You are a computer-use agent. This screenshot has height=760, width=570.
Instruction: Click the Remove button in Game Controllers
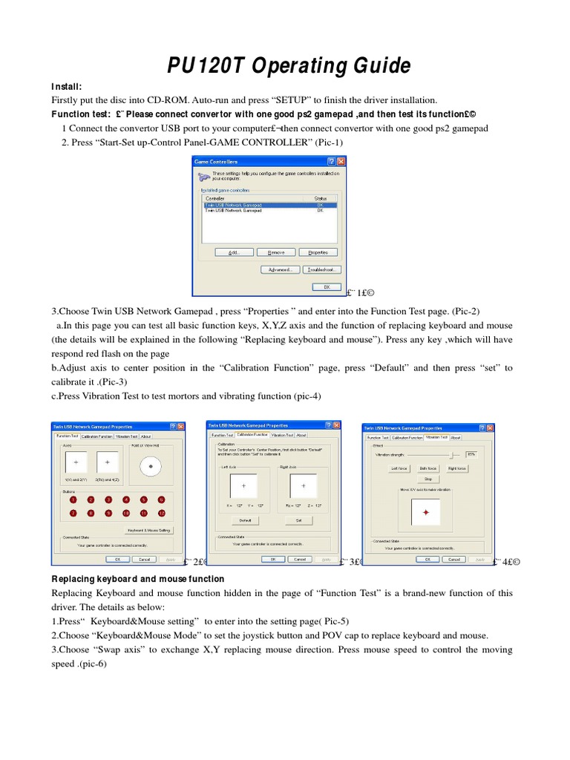(x=276, y=252)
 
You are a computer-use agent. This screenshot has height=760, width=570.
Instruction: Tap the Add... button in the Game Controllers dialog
(x=234, y=252)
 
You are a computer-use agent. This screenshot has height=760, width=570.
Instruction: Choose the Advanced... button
(x=280, y=269)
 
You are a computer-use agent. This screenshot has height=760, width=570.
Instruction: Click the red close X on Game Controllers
(x=341, y=161)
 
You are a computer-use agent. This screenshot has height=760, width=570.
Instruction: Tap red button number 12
(x=161, y=513)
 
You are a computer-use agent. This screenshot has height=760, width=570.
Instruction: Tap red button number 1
(x=73, y=500)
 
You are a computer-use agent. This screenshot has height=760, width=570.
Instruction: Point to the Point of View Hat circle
(x=151, y=466)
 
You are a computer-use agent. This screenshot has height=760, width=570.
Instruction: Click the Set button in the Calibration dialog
(x=298, y=520)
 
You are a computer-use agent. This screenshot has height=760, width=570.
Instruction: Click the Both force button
(x=427, y=468)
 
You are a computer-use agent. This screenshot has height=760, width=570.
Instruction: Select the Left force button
(x=399, y=468)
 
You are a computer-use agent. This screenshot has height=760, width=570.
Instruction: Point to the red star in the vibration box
(x=426, y=513)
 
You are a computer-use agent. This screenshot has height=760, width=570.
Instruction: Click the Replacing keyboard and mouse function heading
(x=137, y=579)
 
